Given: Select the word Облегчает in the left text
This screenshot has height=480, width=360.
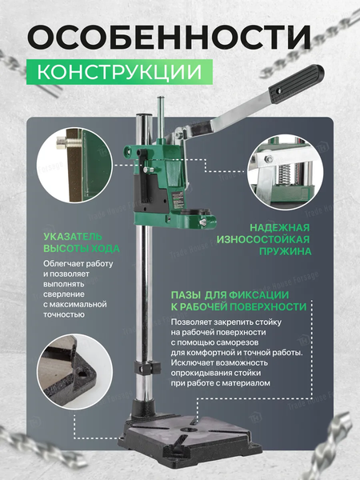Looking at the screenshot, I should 66,264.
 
